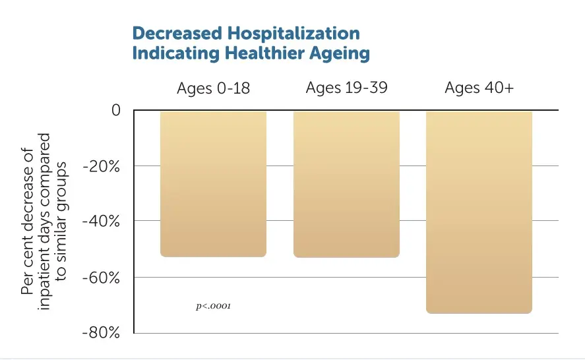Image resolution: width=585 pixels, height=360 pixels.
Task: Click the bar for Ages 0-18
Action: click(213, 184)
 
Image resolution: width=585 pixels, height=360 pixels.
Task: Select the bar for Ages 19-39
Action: click(346, 184)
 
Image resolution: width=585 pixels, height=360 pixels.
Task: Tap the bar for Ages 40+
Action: click(479, 212)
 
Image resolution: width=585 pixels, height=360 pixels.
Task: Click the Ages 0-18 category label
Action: click(213, 88)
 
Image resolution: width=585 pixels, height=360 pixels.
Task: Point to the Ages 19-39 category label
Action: click(346, 88)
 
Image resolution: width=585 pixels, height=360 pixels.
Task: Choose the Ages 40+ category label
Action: click(479, 88)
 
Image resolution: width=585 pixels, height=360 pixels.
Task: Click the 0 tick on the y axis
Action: click(115, 110)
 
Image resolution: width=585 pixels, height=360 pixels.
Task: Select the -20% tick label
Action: click(102, 166)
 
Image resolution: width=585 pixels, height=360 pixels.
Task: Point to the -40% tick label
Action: click(102, 222)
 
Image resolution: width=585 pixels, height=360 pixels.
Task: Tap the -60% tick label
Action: click(102, 278)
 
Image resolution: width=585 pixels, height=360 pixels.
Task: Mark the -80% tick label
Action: click(102, 333)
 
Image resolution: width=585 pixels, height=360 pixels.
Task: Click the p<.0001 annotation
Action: click(214, 306)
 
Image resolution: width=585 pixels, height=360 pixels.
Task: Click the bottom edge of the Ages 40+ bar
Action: click(479, 312)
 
